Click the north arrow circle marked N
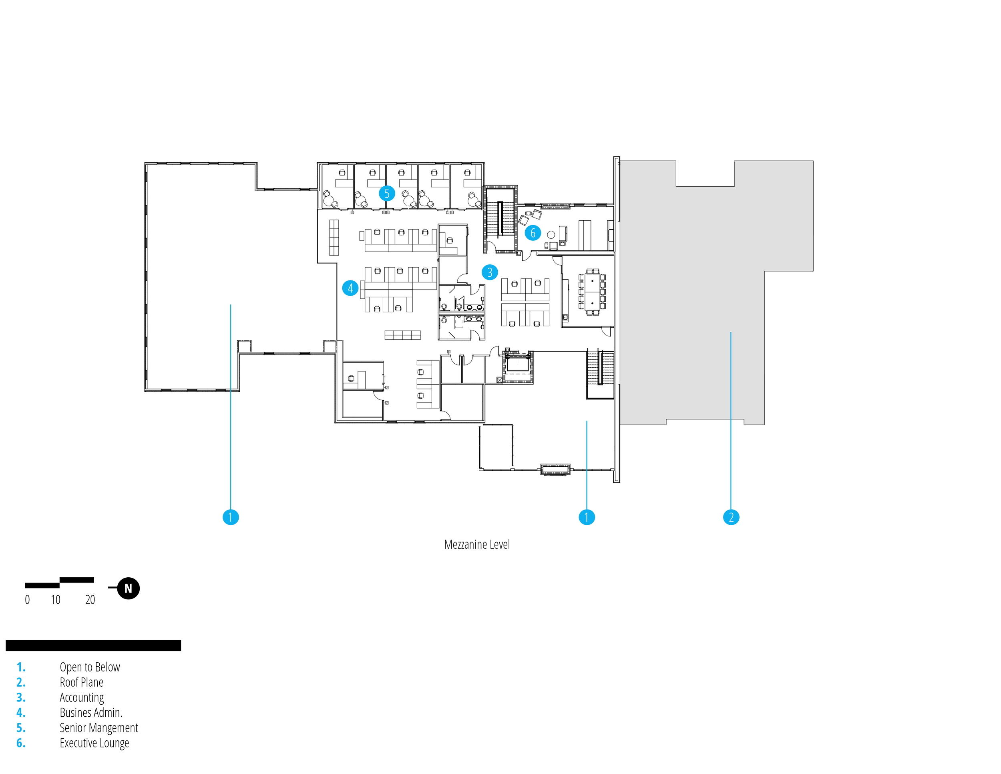(129, 588)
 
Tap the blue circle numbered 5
(387, 193)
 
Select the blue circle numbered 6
(533, 233)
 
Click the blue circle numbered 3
(490, 272)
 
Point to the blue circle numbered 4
(350, 288)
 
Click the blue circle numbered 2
(731, 517)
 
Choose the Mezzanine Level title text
(476, 545)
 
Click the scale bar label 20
(90, 600)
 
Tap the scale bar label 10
(56, 600)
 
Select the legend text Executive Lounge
(94, 743)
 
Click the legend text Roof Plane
(82, 682)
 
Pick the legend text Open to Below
(90, 667)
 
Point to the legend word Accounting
(82, 698)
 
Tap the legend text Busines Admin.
(91, 713)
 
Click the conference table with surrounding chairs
(592, 292)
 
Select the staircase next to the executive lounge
(500, 219)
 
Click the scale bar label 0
(28, 600)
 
